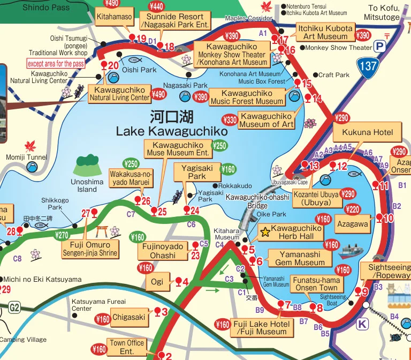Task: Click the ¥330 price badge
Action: click(230, 119)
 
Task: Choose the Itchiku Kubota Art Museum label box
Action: click(325, 32)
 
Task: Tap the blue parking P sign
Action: click(380, 47)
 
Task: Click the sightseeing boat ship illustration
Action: click(351, 252)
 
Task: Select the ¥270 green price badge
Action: click(63, 235)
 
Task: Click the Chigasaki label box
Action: click(128, 317)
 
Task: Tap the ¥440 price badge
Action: click(157, 6)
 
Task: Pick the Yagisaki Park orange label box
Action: click(197, 172)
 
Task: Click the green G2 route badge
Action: click(14, 307)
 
